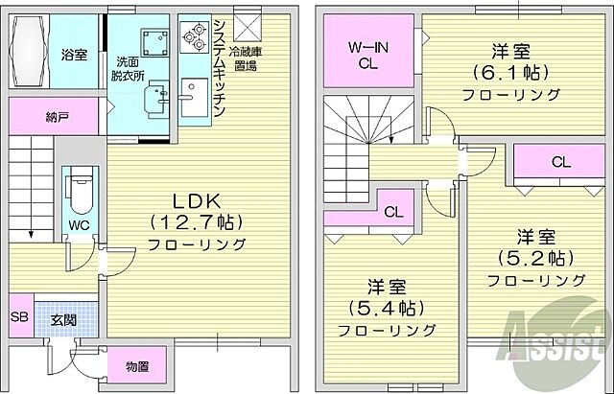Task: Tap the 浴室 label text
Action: pyautogui.click(x=75, y=55)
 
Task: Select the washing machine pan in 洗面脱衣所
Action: pyautogui.click(x=152, y=40)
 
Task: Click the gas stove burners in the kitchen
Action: pyautogui.click(x=195, y=36)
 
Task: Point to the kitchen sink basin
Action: pyautogui.click(x=188, y=95)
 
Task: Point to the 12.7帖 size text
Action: pyautogui.click(x=197, y=221)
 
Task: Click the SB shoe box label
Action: pyautogui.click(x=19, y=316)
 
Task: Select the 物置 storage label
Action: pyautogui.click(x=136, y=367)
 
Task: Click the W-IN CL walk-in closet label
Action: pyautogui.click(x=367, y=55)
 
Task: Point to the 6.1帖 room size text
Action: pyautogui.click(x=509, y=73)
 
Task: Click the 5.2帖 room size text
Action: pyautogui.click(x=535, y=257)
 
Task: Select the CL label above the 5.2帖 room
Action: pyautogui.click(x=561, y=162)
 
